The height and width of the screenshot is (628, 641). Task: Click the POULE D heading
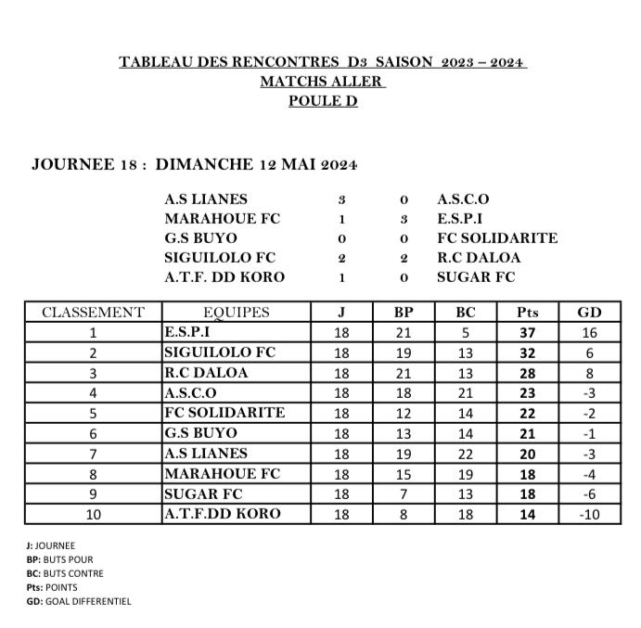coord(322,101)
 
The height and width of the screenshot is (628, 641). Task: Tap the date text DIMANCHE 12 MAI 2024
coord(256,165)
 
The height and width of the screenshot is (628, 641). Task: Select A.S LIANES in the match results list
coord(205,199)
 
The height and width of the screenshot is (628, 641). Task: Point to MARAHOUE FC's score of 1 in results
coord(341,220)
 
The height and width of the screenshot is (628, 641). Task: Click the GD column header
coord(589,313)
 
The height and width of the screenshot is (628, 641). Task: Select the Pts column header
coord(527,313)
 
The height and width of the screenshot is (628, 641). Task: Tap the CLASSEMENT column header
coord(93,313)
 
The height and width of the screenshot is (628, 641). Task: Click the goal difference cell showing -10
coord(589,514)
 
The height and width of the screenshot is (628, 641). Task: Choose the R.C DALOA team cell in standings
coord(211,373)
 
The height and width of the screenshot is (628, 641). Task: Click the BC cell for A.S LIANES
coord(466,454)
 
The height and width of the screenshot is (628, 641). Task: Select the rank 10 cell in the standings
coord(93,514)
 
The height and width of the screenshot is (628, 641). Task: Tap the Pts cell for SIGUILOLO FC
coord(527,352)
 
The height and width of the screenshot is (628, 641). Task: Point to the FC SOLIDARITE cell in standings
coord(224,413)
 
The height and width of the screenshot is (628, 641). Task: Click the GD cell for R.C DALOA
coord(589,373)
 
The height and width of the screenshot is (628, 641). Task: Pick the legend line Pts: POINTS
coord(52,587)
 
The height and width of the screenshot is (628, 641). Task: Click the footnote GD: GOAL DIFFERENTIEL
coord(79,601)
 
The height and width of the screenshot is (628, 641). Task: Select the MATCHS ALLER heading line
coord(322,82)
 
